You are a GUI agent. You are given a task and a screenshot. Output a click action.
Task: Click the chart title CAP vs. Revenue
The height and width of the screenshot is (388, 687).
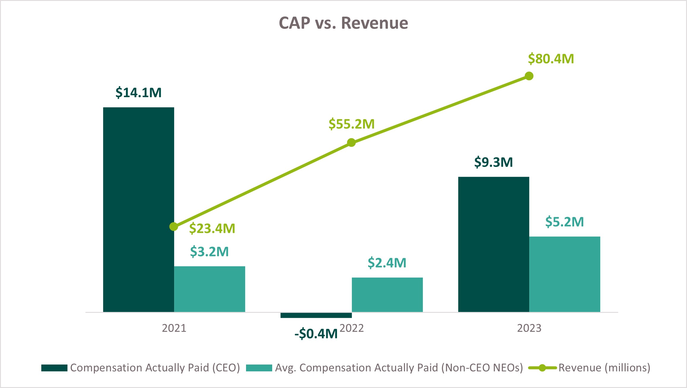[343, 23]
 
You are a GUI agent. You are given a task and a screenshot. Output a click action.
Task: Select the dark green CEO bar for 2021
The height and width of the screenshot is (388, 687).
[138, 209]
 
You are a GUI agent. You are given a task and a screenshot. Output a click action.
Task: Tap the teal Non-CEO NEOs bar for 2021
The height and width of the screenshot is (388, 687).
[209, 289]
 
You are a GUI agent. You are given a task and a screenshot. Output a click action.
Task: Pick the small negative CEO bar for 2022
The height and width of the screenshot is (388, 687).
[316, 315]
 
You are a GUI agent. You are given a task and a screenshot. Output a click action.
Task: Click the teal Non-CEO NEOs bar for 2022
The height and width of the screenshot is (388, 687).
[387, 294]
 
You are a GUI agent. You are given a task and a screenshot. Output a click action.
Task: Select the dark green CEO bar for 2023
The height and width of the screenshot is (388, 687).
[494, 244]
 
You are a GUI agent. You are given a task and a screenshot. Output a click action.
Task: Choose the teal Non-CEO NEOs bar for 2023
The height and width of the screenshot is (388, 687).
[565, 274]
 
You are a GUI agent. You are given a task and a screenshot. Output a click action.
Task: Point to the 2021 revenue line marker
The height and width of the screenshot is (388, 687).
[174, 227]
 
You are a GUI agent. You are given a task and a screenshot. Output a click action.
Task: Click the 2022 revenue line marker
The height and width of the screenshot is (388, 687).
[351, 143]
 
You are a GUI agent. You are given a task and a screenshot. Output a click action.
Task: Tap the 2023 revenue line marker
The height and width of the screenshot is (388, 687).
[529, 76]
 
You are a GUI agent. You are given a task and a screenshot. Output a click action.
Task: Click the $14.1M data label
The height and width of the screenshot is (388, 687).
[138, 93]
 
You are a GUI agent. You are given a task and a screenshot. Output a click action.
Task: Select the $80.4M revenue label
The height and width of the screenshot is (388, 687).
[551, 59]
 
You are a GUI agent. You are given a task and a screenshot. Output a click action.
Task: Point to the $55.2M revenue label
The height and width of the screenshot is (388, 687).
[352, 124]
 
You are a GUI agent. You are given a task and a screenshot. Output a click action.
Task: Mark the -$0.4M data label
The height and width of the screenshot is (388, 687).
[316, 334]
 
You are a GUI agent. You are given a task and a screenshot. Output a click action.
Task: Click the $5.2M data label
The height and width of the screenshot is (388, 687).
[565, 222]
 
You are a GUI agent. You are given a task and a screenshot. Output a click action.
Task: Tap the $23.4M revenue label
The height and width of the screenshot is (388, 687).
[212, 228]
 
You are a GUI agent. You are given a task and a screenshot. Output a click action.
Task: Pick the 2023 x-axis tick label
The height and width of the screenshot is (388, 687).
[529, 328]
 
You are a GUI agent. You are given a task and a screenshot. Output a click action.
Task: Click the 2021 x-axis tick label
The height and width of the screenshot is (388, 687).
[174, 328]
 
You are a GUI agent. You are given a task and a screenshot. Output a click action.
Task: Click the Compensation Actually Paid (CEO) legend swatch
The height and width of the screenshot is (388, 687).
[54, 368]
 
